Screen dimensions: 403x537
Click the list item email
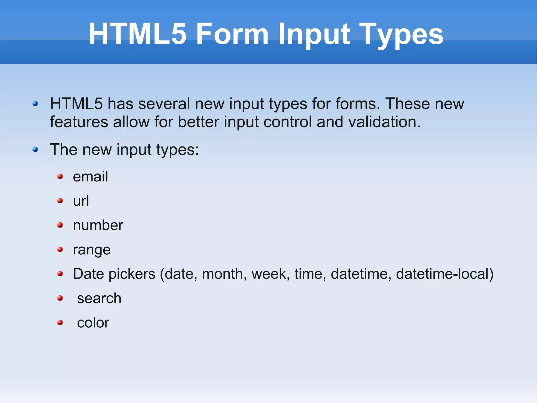(x=90, y=176)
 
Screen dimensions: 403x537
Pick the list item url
(x=81, y=201)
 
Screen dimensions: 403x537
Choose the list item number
(x=98, y=225)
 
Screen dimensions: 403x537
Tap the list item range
(x=92, y=250)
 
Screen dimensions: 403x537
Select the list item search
(x=99, y=299)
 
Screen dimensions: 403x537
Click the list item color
(x=93, y=323)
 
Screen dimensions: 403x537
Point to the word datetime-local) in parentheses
(x=445, y=274)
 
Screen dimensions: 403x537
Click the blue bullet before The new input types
(x=35, y=150)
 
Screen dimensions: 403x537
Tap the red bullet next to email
(x=60, y=176)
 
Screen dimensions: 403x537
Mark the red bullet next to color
(x=60, y=322)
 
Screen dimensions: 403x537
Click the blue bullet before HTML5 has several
(x=35, y=104)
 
